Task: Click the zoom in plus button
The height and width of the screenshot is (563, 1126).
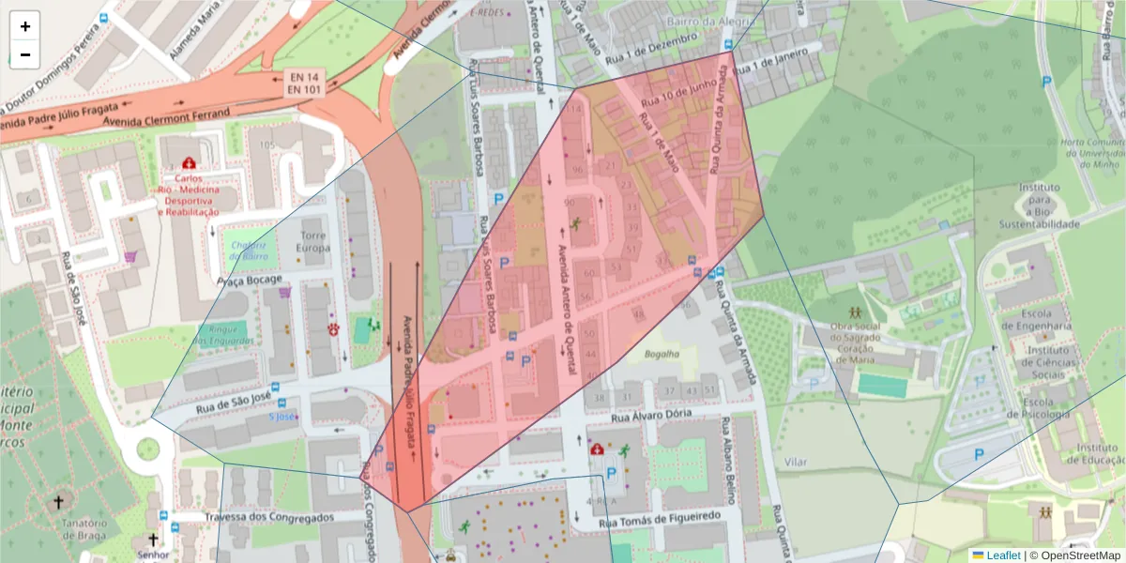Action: click(x=24, y=26)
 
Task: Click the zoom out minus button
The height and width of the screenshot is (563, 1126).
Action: click(x=24, y=54)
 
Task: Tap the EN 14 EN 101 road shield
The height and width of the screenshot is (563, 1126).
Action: click(x=304, y=83)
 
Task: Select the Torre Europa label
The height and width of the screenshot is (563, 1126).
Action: click(x=312, y=241)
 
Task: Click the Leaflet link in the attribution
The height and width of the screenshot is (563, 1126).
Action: click(x=1003, y=555)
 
